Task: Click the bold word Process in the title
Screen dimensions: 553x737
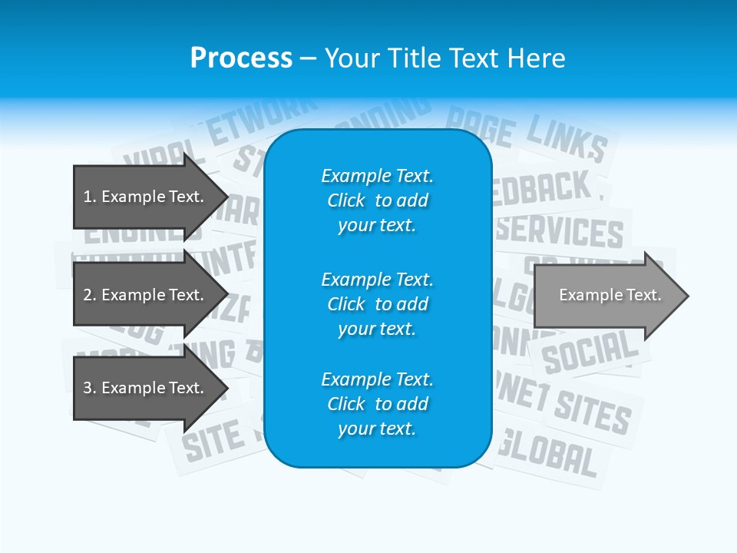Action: pyautogui.click(x=241, y=58)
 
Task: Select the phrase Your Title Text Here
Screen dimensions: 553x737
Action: pyautogui.click(x=445, y=58)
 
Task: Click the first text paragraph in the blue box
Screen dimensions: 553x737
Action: pyautogui.click(x=377, y=200)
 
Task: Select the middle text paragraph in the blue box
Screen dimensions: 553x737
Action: pyautogui.click(x=377, y=304)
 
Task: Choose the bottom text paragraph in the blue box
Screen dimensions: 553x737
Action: pyautogui.click(x=377, y=404)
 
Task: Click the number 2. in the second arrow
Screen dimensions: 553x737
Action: pyautogui.click(x=90, y=295)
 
